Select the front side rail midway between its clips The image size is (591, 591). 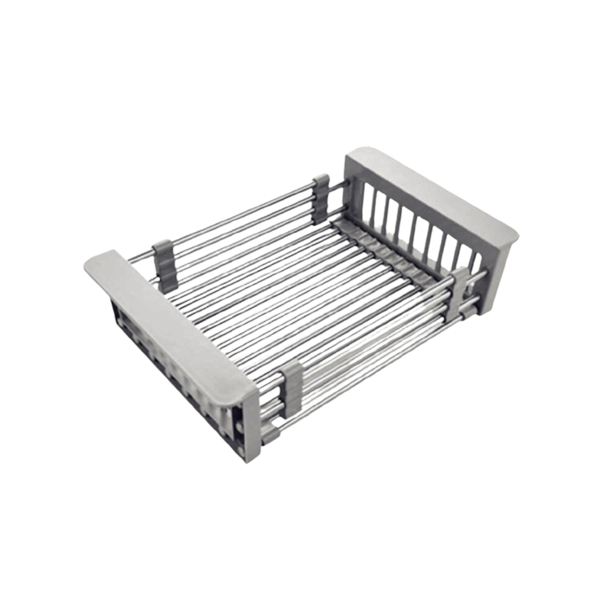point(378,340)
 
